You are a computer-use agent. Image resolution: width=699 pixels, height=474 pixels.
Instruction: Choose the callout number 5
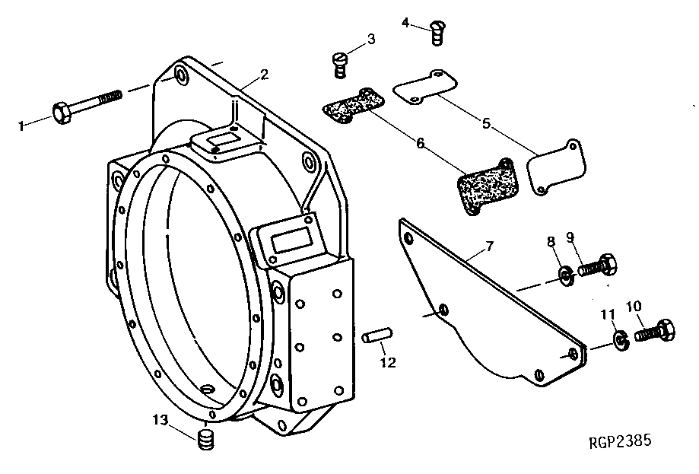tap(485, 121)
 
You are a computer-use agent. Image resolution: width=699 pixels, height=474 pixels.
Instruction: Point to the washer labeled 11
tap(621, 338)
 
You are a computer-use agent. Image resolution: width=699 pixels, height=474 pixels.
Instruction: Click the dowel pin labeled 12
tap(377, 336)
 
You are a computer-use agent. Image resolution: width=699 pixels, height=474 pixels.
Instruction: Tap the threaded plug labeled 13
tap(205, 441)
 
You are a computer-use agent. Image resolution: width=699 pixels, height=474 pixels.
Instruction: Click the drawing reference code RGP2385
tap(619, 441)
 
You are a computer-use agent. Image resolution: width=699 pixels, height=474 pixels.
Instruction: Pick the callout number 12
tap(388, 363)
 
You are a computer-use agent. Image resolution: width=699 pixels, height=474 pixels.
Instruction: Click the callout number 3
tap(370, 39)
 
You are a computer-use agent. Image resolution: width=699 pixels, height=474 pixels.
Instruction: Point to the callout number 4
tap(405, 21)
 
